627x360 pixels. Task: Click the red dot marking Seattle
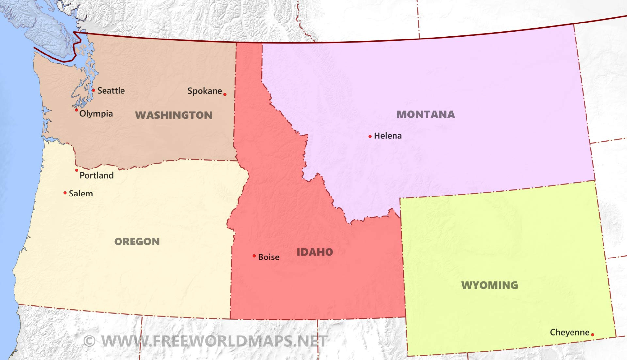93,90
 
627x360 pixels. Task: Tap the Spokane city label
204,91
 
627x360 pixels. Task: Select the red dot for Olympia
76,110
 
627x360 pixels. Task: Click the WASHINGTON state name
173,115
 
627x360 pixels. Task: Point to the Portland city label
97,175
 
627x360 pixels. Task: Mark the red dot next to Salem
65,193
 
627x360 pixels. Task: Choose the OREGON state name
137,242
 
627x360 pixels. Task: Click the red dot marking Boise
254,256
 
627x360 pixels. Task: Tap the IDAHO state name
315,252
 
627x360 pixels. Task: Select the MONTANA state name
426,114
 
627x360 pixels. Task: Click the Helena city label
388,136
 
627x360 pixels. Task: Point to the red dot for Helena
370,136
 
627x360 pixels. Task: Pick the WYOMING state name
490,285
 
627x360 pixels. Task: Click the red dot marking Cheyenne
593,334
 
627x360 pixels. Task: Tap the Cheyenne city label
570,332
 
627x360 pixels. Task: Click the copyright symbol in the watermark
89,341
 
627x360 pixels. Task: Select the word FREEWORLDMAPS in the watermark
222,341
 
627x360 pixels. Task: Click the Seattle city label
111,90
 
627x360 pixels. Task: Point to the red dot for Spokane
225,94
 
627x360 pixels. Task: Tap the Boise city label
268,257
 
